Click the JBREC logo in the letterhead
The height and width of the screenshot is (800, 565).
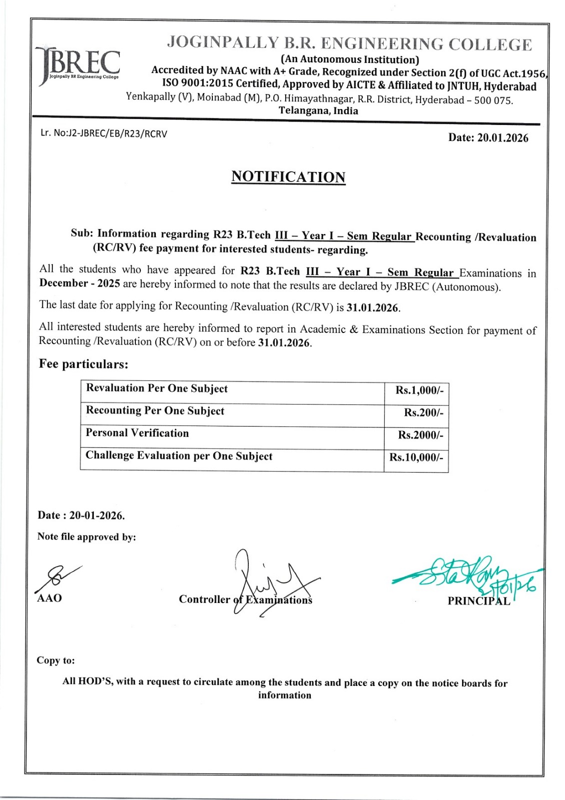pos(78,65)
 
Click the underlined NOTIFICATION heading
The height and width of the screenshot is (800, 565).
pos(288,177)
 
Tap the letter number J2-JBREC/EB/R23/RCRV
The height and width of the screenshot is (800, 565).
pos(104,133)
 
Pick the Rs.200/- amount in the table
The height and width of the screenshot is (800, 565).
pos(423,413)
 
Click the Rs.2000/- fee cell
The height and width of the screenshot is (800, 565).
pos(420,435)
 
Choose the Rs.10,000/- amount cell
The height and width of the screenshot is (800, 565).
pos(416,457)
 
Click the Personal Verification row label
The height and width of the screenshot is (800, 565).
pos(137,433)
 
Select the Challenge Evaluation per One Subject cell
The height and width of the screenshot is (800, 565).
pos(179,456)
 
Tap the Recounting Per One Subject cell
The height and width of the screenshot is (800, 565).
pos(155,411)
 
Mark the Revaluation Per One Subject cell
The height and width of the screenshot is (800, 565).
pos(157,388)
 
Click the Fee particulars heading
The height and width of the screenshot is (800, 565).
pos(83,364)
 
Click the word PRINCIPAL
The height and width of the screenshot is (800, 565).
pos(479,601)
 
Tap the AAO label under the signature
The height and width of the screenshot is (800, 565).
pos(49,598)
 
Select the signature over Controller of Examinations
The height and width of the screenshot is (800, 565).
pos(270,582)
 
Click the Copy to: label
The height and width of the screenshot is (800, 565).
pos(55,660)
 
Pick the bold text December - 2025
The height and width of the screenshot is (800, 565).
pos(79,283)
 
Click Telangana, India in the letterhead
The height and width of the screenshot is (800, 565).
pos(318,111)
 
